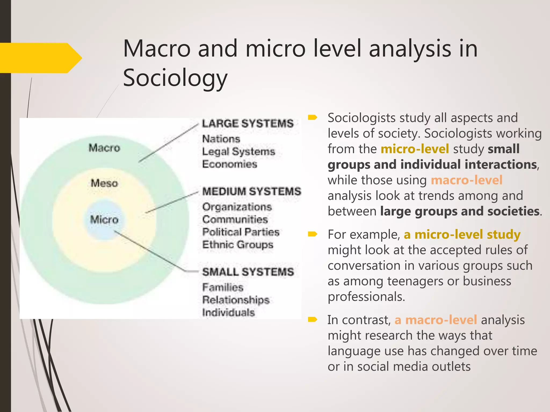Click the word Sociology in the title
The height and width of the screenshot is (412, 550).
[x=175, y=78]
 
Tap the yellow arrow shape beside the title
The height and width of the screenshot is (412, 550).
[x=40, y=58]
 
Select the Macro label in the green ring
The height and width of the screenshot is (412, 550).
[x=104, y=148]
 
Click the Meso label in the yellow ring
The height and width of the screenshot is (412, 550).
[x=104, y=183]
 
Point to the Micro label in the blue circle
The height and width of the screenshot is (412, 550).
[x=104, y=220]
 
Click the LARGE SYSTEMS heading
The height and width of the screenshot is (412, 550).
[x=248, y=124]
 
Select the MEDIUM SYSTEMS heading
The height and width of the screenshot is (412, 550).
[x=252, y=192]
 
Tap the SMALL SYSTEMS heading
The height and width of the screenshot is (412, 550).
[x=248, y=272]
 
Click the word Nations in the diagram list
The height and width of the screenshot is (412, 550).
[x=221, y=139]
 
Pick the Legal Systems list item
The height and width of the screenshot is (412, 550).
[x=238, y=152]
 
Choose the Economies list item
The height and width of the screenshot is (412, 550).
[x=230, y=164]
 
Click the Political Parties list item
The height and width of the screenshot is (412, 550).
[x=241, y=232]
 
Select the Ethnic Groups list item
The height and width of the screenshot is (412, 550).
[x=238, y=245]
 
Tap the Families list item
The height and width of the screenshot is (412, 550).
[x=223, y=288]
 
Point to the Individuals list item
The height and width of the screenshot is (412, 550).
[x=228, y=312]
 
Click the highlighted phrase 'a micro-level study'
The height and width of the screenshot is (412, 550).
[x=462, y=234]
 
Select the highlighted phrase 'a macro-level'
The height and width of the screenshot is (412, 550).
[x=436, y=320]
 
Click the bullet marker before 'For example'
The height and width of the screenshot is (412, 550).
[x=313, y=234]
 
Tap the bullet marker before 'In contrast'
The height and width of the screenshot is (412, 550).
[x=313, y=319]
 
